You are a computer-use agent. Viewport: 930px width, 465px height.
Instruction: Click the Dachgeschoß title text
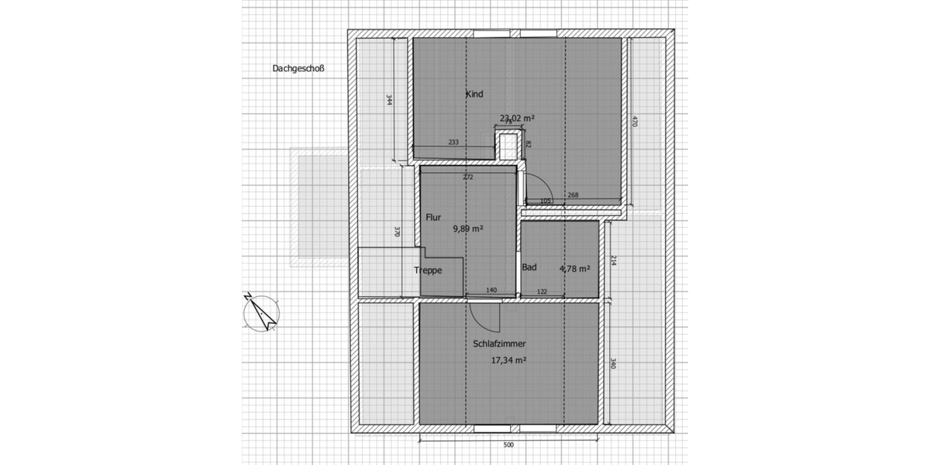click(298, 68)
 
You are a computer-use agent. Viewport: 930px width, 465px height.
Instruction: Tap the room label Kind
click(474, 95)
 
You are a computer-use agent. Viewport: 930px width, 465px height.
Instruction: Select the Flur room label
click(433, 218)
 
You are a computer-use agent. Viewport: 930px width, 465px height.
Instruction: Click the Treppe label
click(428, 270)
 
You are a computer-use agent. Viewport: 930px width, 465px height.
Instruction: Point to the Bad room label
click(529, 267)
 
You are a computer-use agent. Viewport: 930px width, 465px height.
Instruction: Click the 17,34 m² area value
click(509, 360)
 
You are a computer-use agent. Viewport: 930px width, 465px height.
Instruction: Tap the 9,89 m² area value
click(468, 229)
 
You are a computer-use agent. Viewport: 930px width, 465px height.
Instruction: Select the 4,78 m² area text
click(574, 269)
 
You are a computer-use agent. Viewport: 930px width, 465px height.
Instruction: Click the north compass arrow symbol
click(260, 312)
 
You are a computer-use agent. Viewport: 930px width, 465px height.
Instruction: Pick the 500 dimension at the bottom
click(508, 446)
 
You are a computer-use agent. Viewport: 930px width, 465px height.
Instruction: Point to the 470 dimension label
click(634, 122)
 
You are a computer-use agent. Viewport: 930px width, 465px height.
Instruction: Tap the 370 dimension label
click(396, 232)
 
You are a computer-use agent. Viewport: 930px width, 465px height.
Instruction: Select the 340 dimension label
click(612, 363)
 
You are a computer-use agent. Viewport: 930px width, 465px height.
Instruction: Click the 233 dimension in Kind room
click(453, 142)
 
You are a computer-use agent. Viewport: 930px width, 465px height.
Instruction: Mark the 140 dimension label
click(491, 290)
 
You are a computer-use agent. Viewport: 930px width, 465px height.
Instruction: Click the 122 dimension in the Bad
click(542, 291)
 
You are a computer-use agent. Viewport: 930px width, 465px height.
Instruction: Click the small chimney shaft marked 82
click(508, 145)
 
